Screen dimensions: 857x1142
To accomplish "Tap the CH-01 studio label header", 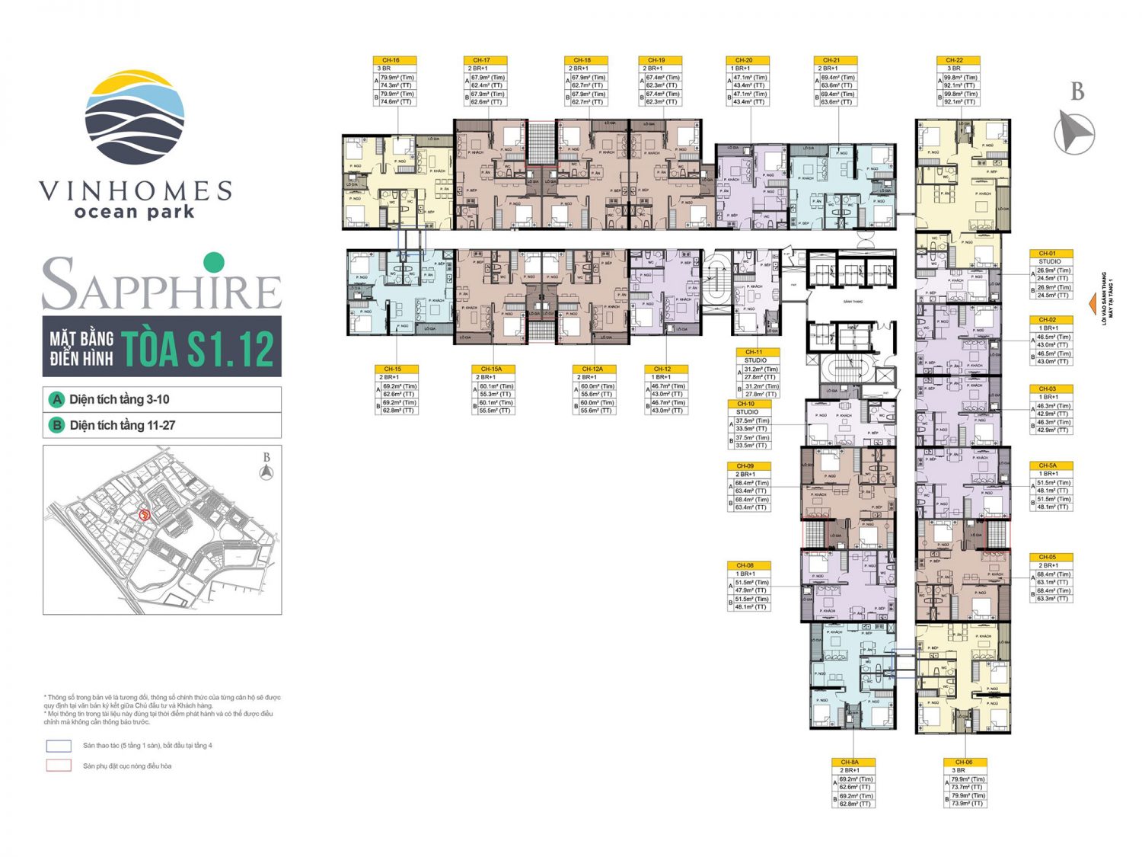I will tap(1050, 254).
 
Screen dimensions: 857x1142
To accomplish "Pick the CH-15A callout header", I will tap(493, 369).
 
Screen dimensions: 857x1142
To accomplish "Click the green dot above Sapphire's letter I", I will tap(214, 262).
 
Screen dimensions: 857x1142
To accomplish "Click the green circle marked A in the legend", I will tap(56, 400).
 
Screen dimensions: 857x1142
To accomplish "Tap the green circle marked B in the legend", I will tap(56, 426).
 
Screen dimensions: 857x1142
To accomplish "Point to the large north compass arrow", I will tap(1074, 132).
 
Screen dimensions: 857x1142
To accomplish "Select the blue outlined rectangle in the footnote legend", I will tap(59, 746).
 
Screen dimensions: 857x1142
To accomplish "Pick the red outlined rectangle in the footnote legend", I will tap(59, 766).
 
